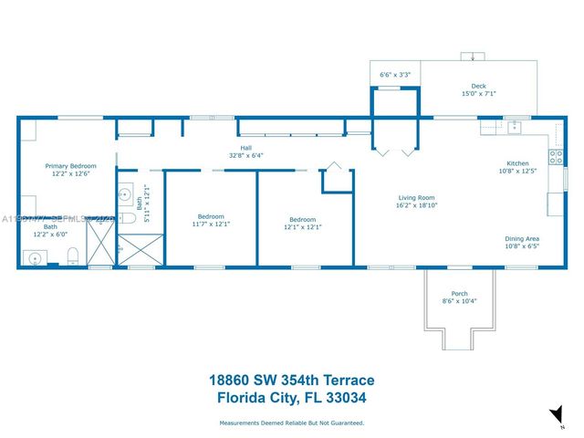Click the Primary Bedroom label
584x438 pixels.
coord(70,165)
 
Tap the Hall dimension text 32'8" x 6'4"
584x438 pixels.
coord(245,155)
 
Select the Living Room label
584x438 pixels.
coord(415,197)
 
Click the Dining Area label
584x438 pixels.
coord(523,239)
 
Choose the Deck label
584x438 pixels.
coord(478,86)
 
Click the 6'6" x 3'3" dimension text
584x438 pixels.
coord(395,74)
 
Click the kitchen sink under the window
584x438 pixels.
coord(514,125)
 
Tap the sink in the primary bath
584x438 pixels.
coord(36,258)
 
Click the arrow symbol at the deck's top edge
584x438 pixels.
coord(472,57)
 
